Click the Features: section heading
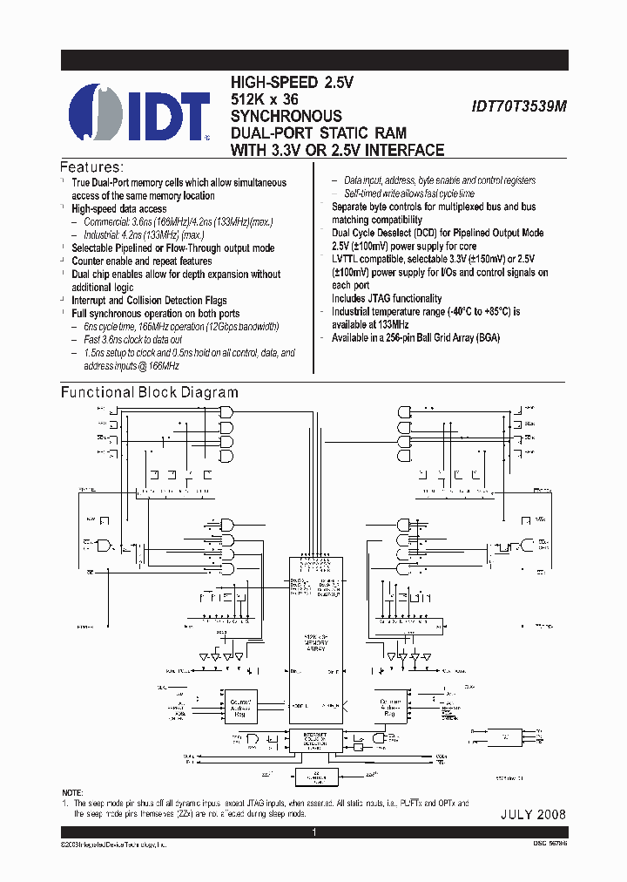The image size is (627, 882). (x=91, y=166)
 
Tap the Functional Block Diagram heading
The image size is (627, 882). (x=149, y=393)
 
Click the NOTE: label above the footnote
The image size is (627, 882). (x=75, y=793)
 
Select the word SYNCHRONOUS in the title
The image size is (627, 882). (x=286, y=116)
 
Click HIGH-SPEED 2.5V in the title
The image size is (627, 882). (x=292, y=83)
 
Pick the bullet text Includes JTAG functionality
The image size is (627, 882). (x=387, y=298)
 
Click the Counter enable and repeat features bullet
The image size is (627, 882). (x=141, y=261)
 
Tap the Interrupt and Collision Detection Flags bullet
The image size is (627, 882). (x=149, y=300)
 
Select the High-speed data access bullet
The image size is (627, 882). (x=118, y=209)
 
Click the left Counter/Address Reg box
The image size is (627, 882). (x=239, y=706)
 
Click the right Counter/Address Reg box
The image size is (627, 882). (x=389, y=706)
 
